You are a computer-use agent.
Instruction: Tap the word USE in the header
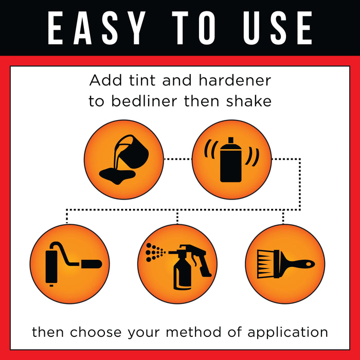(278, 28)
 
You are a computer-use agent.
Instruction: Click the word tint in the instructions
(142, 80)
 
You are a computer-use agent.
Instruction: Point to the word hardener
(235, 80)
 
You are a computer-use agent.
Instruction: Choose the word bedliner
(145, 101)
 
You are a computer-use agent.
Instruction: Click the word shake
(249, 101)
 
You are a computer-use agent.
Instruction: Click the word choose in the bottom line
(96, 332)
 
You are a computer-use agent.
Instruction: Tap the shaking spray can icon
(231, 159)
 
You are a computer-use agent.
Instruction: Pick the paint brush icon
(286, 264)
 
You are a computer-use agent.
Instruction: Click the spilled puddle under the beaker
(117, 176)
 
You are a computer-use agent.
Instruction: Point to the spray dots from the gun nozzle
(155, 253)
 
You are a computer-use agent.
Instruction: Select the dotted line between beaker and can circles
(178, 159)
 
